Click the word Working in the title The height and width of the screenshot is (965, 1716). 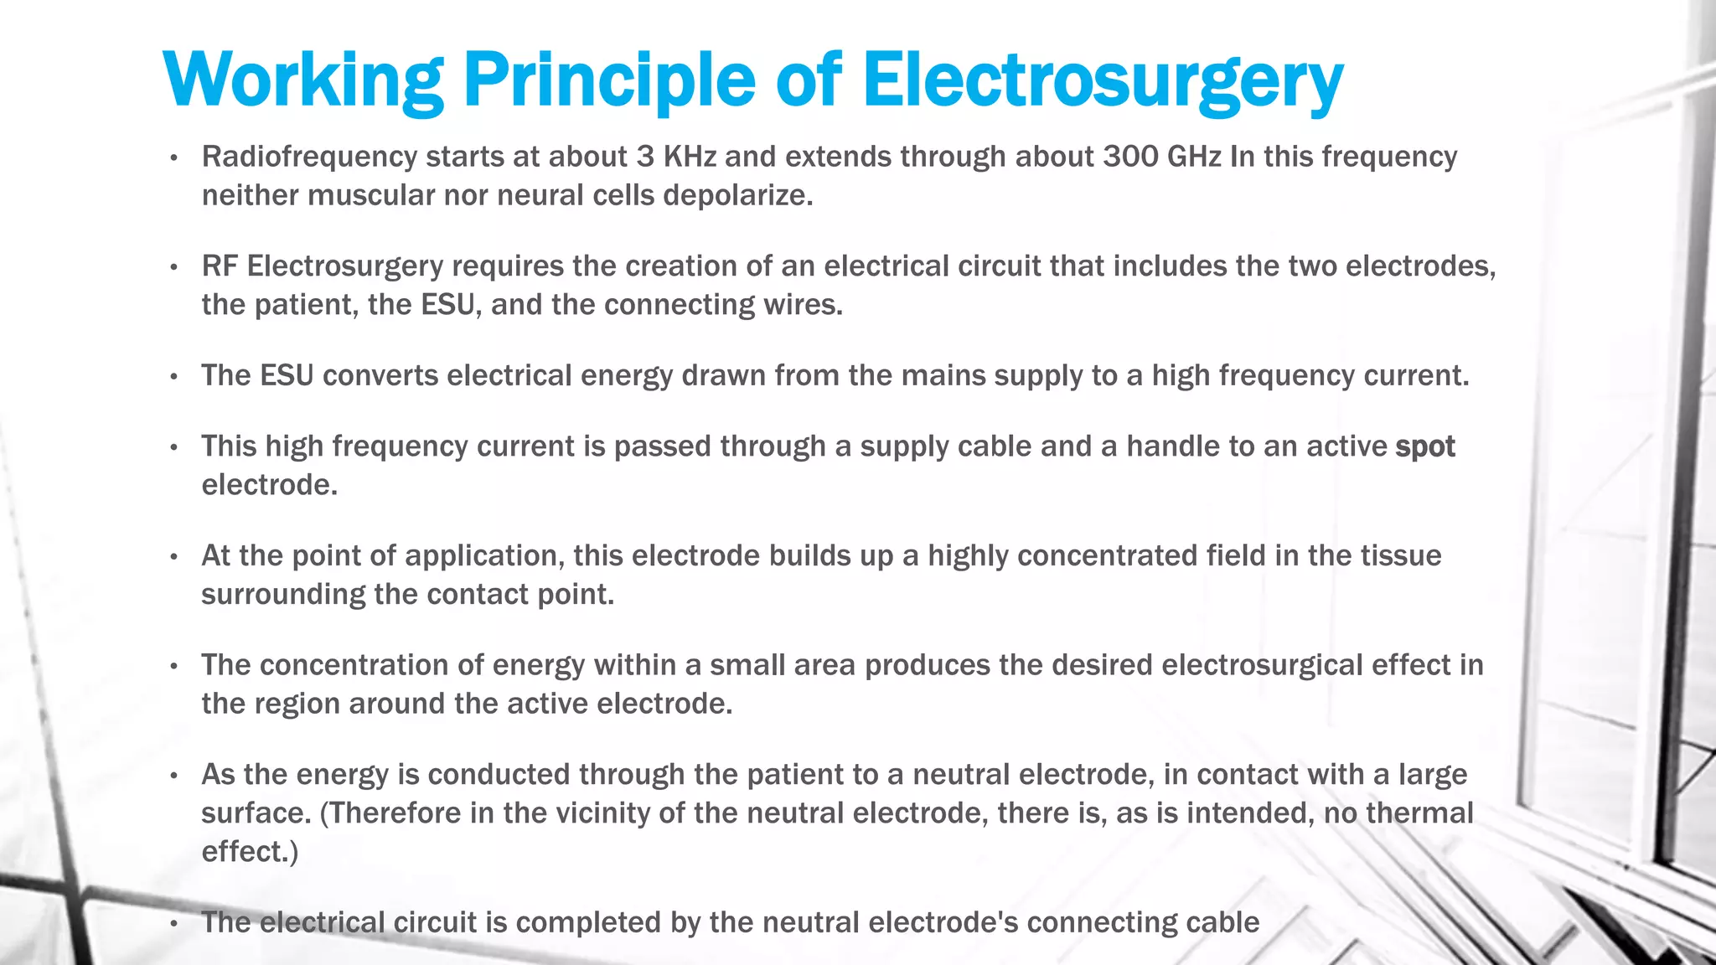tap(302, 80)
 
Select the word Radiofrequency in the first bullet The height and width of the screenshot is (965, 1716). tap(309, 157)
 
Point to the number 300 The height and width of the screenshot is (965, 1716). tap(1129, 157)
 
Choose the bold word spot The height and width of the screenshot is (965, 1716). tap(1424, 446)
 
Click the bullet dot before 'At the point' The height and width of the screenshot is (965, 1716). tap(173, 557)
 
